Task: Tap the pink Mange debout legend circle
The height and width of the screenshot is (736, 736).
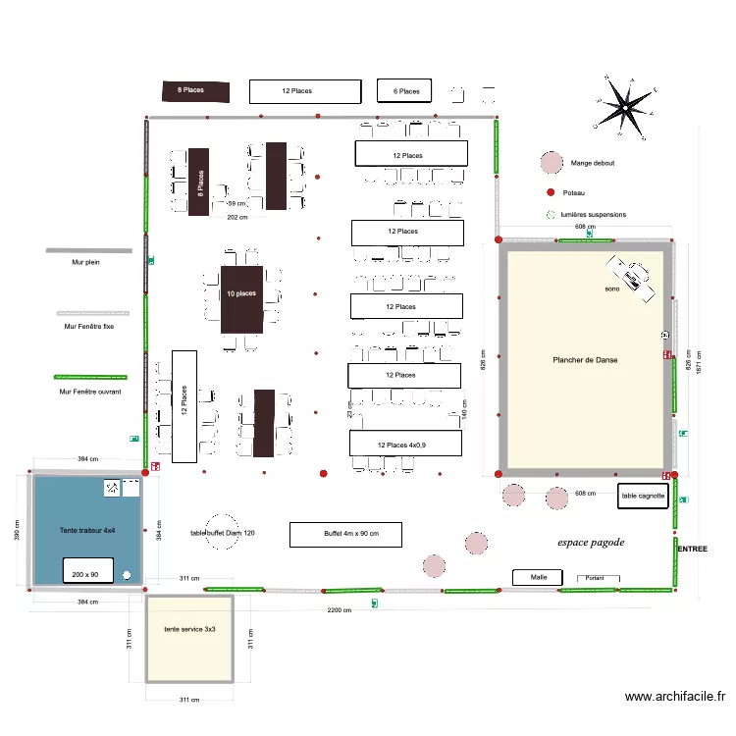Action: (x=550, y=163)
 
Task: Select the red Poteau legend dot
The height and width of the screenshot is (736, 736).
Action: (x=551, y=192)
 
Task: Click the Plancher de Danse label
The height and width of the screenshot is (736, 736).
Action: (x=585, y=360)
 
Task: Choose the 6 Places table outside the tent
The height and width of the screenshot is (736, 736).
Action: (x=406, y=91)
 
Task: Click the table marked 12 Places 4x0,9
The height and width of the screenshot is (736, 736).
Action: (x=405, y=444)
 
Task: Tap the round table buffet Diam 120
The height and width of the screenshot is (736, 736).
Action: (x=221, y=533)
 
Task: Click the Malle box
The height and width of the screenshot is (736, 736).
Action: (x=539, y=577)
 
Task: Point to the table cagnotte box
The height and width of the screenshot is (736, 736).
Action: (x=643, y=496)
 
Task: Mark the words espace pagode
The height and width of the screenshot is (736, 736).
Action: (x=590, y=542)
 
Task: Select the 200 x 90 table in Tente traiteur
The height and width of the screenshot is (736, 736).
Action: (x=91, y=573)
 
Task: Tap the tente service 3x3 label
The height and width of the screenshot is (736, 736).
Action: (x=189, y=628)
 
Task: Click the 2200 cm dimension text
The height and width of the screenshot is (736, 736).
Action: (x=341, y=610)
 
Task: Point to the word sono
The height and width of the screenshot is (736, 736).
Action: (x=613, y=289)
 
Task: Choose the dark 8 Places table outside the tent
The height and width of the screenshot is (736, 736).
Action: (x=195, y=91)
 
